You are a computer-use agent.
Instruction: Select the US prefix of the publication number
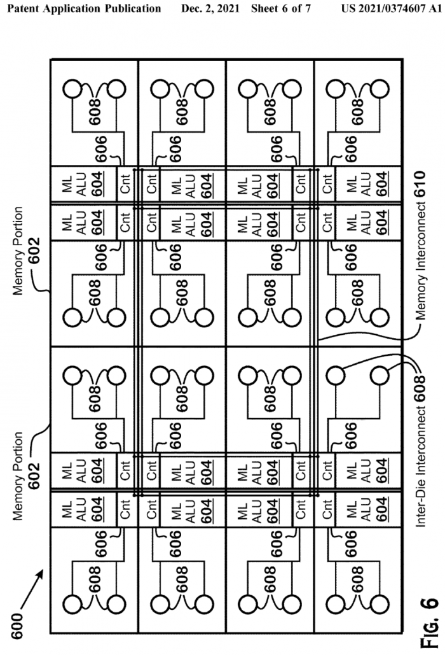click(x=348, y=10)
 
